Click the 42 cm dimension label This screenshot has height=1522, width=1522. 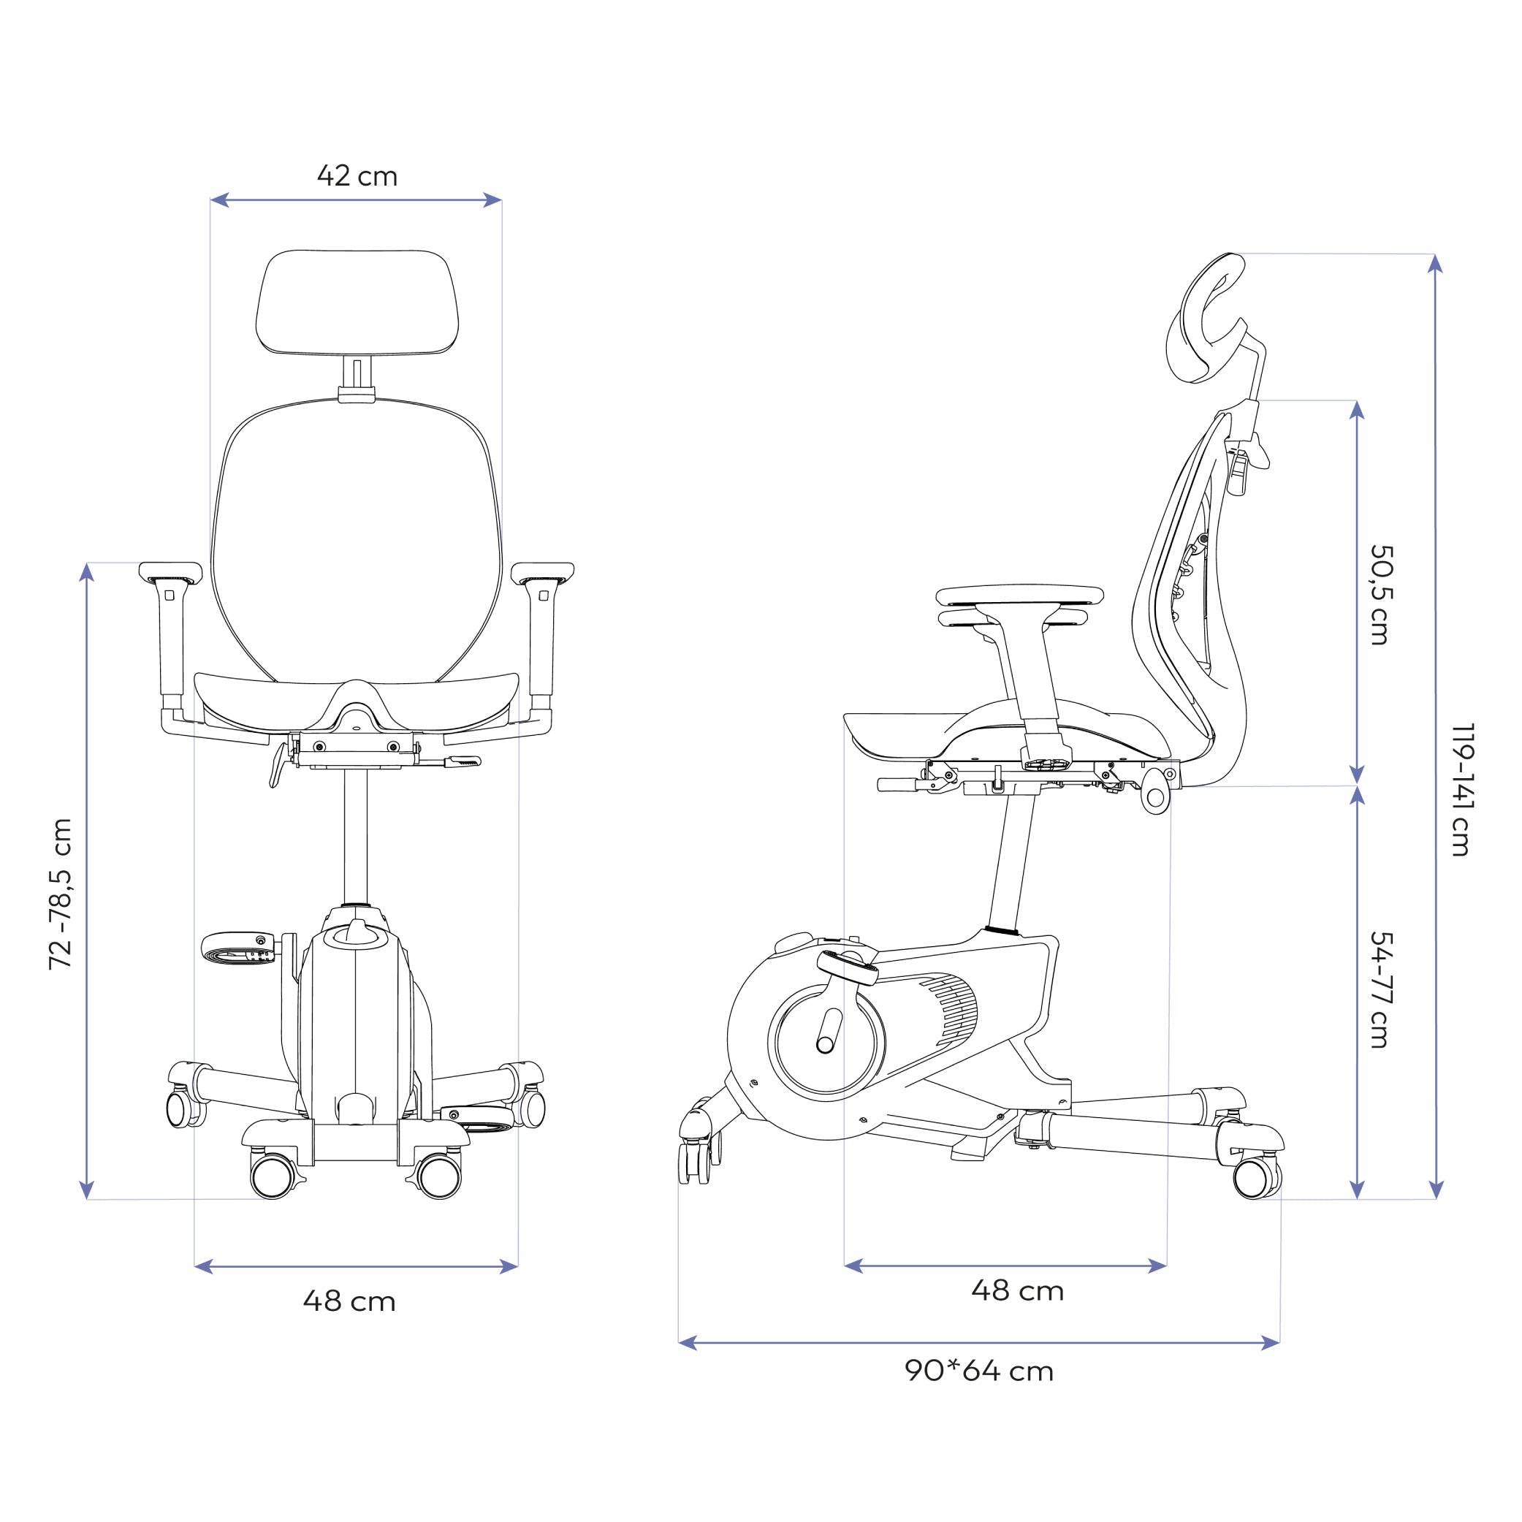(x=357, y=175)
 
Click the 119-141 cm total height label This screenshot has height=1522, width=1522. (x=1461, y=788)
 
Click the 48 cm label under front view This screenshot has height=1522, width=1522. (x=349, y=1301)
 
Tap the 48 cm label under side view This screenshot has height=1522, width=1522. (x=1017, y=1291)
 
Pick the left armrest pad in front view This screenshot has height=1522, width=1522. (x=170, y=571)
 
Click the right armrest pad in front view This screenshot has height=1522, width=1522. (x=542, y=571)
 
